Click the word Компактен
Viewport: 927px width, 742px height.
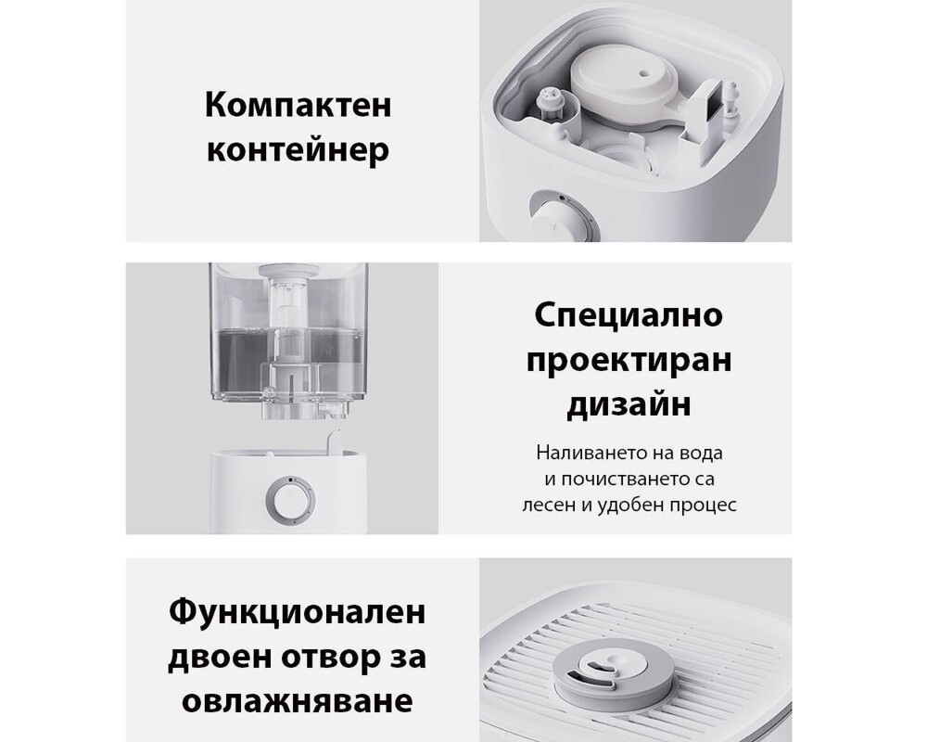click(298, 105)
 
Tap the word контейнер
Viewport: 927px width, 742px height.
click(298, 149)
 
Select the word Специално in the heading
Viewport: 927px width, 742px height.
click(629, 315)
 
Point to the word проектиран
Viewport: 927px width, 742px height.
click(629, 360)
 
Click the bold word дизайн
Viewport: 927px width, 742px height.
click(629, 405)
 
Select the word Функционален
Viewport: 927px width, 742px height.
click(298, 612)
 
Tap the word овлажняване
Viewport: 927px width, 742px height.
click(298, 701)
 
